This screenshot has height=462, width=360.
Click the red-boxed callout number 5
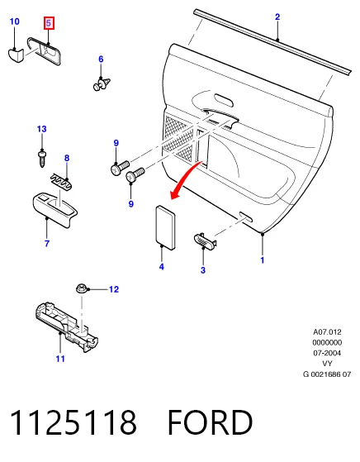49,23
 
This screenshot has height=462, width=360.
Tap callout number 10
14,21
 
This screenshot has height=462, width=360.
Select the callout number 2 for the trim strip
277,17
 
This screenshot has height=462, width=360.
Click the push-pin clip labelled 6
102,83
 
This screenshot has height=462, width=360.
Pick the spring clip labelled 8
62,182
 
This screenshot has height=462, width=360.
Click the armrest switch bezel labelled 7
54,209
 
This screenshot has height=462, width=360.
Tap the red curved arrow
185,180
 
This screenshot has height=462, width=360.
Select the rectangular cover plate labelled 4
165,227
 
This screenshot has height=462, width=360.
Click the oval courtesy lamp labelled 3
205,241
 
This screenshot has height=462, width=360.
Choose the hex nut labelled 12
81,288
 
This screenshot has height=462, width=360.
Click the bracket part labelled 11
66,326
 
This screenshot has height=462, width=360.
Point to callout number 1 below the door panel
263,260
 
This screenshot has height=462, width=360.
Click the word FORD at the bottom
211,422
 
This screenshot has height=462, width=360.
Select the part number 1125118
73,422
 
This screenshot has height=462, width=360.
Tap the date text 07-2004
327,353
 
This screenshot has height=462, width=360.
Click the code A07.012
327,332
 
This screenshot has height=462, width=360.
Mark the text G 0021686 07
327,374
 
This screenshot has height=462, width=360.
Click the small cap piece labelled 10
16,55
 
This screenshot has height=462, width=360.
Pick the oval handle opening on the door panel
224,100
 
